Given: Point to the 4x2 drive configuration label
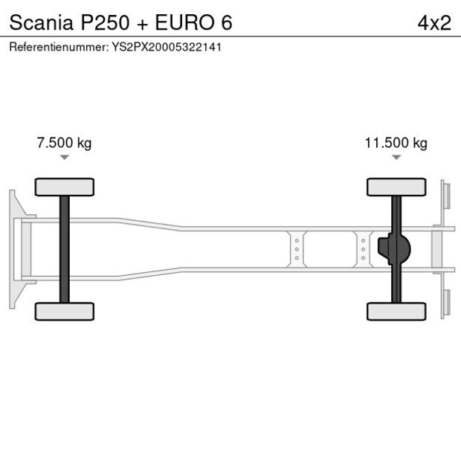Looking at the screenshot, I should tap(434, 22).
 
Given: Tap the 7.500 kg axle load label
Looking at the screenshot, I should tap(64, 143).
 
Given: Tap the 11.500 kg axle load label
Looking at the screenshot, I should tap(396, 143).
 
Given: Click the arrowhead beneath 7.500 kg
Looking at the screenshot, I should tap(64, 158).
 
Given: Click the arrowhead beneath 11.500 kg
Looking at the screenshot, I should tap(396, 158).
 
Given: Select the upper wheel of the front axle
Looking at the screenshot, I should tap(64, 186).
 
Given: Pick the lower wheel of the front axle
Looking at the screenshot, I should tap(64, 311).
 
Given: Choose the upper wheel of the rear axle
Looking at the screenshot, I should tap(396, 186).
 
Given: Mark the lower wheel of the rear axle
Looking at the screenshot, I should tap(396, 311).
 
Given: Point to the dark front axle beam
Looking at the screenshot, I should tap(65, 248).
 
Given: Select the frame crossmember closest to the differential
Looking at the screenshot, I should tap(362, 249).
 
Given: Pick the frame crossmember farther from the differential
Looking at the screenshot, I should tap(297, 249).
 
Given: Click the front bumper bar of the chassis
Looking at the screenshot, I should tap(13, 248).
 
